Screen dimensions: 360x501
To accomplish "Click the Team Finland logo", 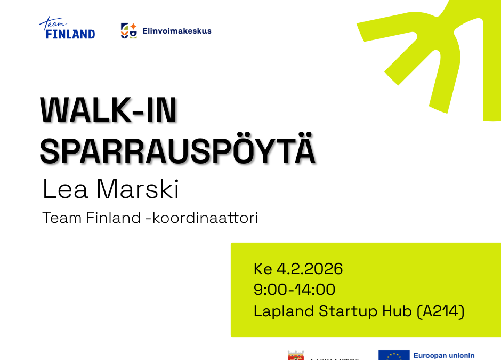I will (x=67, y=29).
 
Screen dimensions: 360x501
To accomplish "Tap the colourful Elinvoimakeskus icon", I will (x=128, y=30).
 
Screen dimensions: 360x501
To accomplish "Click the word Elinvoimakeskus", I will (x=177, y=31).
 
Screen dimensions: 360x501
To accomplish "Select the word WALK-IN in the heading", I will (x=108, y=110).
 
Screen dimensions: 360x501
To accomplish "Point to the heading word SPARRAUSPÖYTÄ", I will (x=177, y=150).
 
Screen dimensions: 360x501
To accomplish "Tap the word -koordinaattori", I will (x=201, y=218).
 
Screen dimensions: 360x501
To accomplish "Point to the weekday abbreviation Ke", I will (x=263, y=269).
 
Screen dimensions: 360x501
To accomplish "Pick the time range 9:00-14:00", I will (x=294, y=290).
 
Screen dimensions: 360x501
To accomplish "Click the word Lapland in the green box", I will (x=284, y=311).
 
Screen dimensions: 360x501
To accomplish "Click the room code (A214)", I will (x=440, y=311).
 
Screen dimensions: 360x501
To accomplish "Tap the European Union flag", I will (x=394, y=355).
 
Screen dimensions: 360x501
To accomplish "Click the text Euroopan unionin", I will (x=443, y=355).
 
